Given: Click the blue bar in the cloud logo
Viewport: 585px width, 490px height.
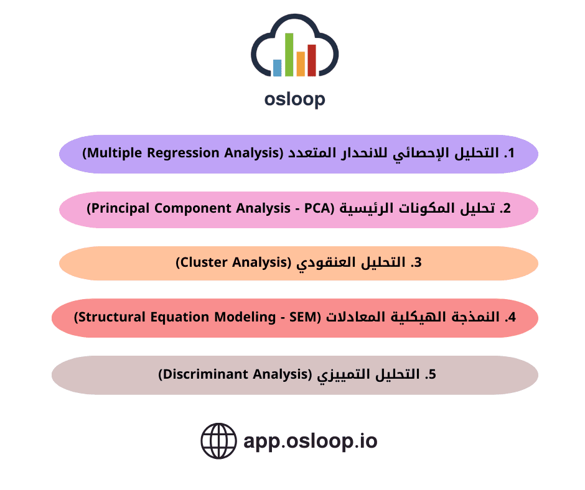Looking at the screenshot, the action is [x=277, y=68].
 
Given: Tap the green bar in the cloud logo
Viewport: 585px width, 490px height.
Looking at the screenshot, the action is [x=289, y=55].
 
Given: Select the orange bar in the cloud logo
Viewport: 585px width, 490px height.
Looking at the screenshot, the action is [x=301, y=64].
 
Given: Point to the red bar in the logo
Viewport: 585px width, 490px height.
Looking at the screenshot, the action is [x=312, y=60].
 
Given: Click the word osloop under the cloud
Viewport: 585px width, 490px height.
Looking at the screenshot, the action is [x=295, y=99].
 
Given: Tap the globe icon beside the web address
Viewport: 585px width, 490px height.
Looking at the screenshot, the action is [x=218, y=441].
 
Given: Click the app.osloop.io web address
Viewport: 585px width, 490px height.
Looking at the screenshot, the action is [x=311, y=441].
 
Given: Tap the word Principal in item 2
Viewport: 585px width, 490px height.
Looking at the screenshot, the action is [x=121, y=208].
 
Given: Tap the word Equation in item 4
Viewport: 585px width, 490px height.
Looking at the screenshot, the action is [x=180, y=317].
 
